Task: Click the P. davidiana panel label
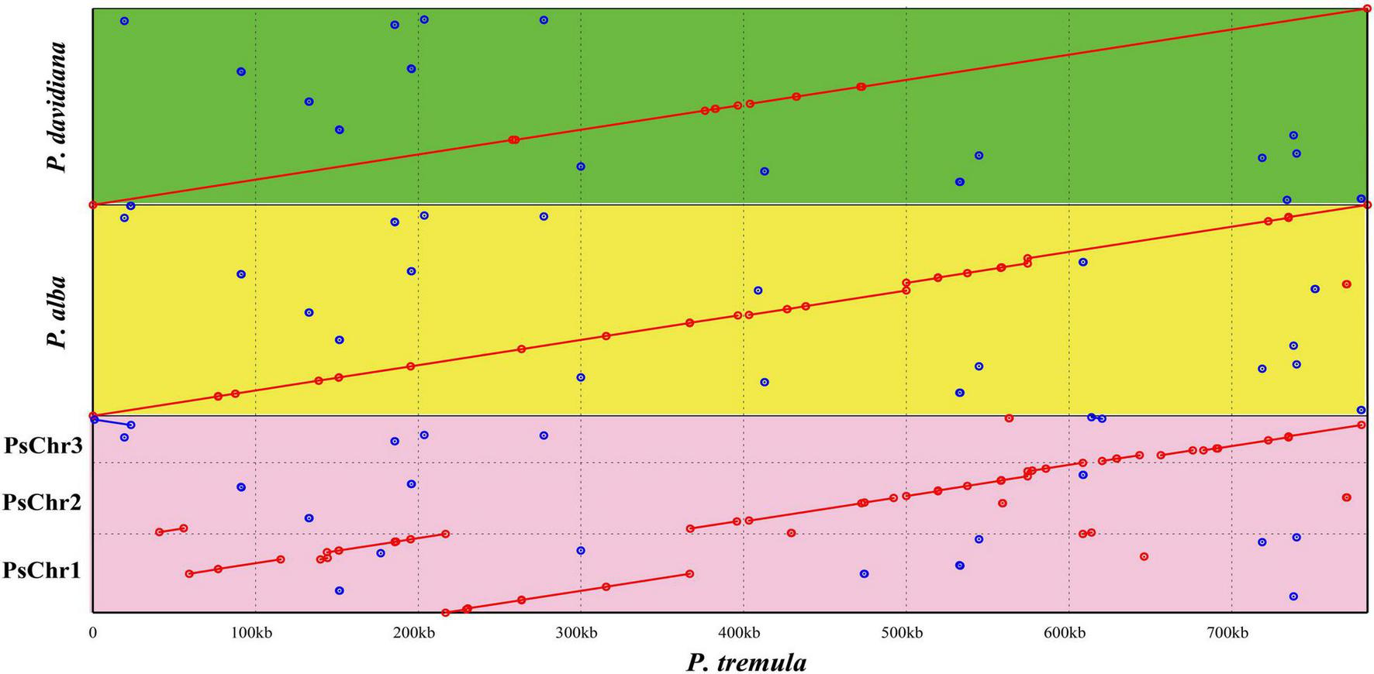tap(56, 106)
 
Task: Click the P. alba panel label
tap(56, 311)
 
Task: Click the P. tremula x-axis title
tap(746, 662)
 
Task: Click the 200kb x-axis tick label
tap(414, 633)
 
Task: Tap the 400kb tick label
tap(740, 633)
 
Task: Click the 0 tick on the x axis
tap(93, 633)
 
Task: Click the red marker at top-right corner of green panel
tap(1367, 9)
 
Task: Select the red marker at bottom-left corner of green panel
tap(93, 205)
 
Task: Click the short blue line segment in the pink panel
tap(112, 422)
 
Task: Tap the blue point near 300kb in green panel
tap(581, 167)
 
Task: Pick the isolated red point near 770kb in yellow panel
tap(1346, 284)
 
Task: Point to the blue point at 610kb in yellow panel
tap(1083, 262)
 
